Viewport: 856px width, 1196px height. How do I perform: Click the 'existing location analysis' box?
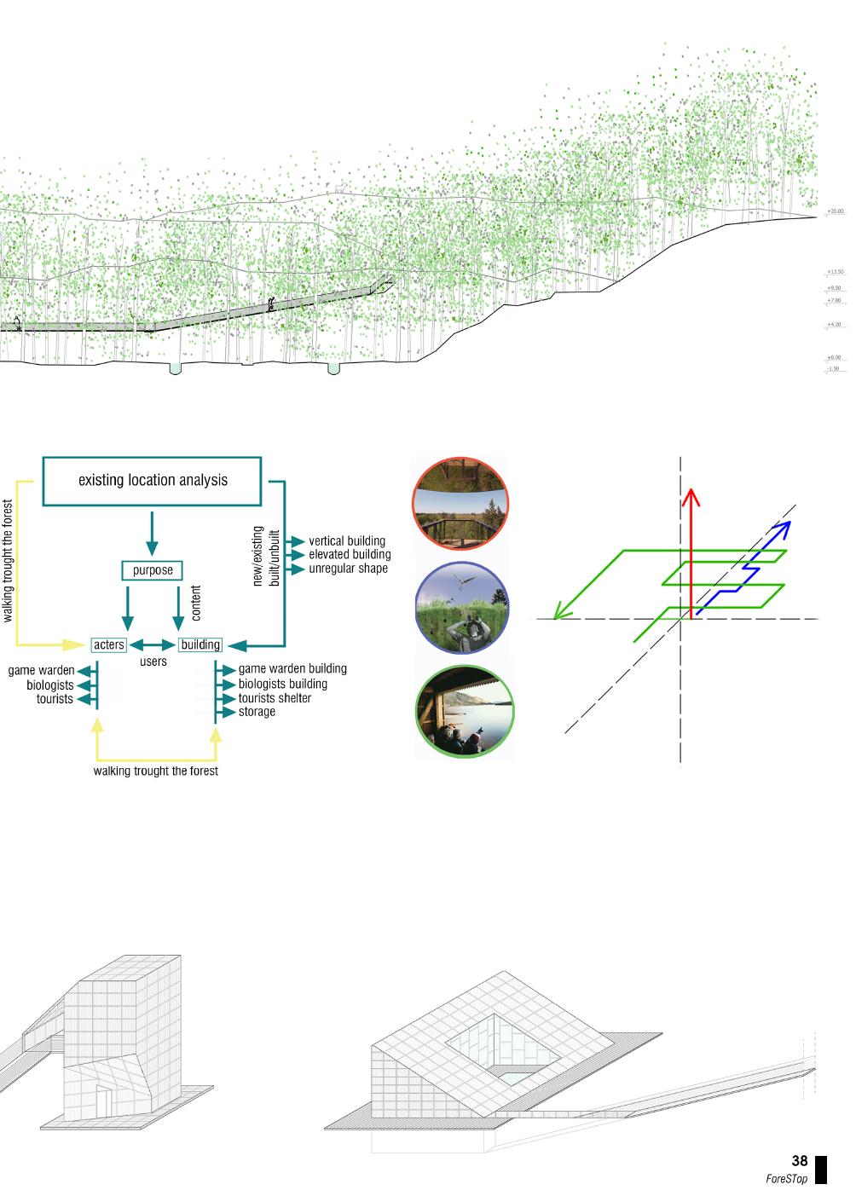pyautogui.click(x=153, y=480)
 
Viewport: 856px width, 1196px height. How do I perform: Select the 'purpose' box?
pyautogui.click(x=153, y=570)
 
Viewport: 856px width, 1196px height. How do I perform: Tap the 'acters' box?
pyautogui.click(x=109, y=644)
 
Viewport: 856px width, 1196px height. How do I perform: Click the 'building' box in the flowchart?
pyautogui.click(x=200, y=644)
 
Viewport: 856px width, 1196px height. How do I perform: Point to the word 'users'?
pyautogui.click(x=153, y=662)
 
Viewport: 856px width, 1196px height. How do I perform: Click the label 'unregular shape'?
pyautogui.click(x=348, y=569)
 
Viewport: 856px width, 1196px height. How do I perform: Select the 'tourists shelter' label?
pyautogui.click(x=275, y=698)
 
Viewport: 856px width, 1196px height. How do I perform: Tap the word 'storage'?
pyautogui.click(x=257, y=712)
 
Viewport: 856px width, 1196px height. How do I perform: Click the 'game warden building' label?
pyautogui.click(x=292, y=669)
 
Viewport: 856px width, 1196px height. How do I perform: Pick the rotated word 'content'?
pyautogui.click(x=197, y=602)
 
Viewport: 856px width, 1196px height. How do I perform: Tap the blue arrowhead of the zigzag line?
pyautogui.click(x=785, y=527)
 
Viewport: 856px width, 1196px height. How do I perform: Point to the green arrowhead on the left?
pyautogui.click(x=558, y=611)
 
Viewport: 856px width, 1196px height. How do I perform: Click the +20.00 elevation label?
pyautogui.click(x=835, y=211)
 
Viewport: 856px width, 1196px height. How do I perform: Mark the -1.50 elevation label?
pyautogui.click(x=833, y=369)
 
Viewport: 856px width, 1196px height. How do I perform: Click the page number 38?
pyautogui.click(x=799, y=1161)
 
